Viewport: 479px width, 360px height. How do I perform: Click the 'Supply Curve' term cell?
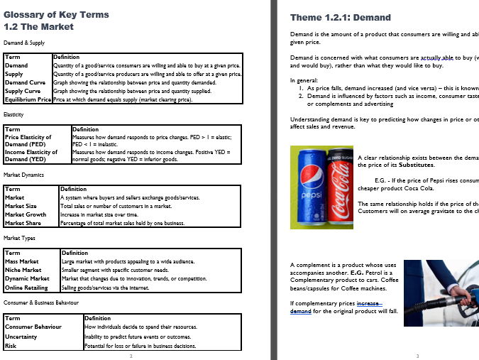(24, 91)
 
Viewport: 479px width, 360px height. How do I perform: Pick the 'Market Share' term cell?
(25, 223)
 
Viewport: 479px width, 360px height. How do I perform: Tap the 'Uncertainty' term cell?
(22, 337)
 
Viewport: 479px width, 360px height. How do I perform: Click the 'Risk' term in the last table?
(11, 345)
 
